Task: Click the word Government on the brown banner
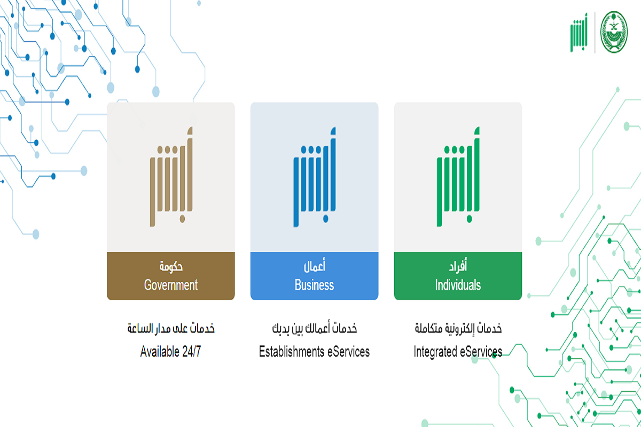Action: tap(171, 285)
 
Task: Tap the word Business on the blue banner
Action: tap(314, 285)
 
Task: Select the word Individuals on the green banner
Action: tap(458, 285)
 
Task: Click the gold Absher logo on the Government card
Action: tap(171, 177)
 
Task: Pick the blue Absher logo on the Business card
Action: tap(315, 177)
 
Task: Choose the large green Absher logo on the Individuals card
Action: tap(458, 177)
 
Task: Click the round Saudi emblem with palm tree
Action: tap(614, 32)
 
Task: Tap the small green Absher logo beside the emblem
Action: tap(579, 33)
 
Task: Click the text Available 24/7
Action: tap(170, 352)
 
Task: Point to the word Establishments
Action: tap(291, 352)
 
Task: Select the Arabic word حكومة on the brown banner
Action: tap(171, 266)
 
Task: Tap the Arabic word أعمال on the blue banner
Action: tap(315, 265)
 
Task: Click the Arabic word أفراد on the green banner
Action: tap(458, 265)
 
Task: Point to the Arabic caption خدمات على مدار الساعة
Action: tap(171, 328)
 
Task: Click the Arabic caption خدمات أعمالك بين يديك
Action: tap(315, 328)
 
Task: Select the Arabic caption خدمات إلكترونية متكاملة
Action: tap(458, 328)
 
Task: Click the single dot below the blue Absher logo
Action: tap(326, 219)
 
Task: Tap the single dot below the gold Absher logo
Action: tap(182, 219)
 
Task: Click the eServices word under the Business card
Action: tap(348, 352)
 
